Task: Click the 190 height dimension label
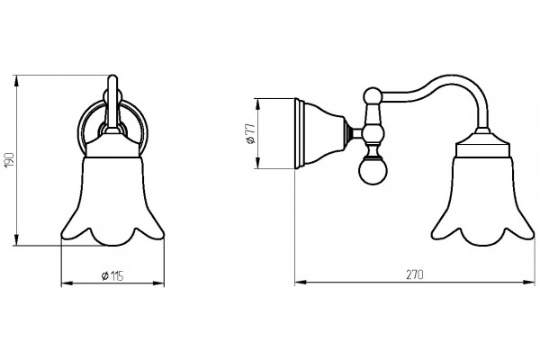point(10,160)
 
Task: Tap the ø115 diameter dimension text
point(112,275)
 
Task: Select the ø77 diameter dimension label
point(251,133)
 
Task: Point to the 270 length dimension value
point(415,274)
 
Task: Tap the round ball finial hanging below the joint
point(373,170)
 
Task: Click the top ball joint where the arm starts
point(373,95)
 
